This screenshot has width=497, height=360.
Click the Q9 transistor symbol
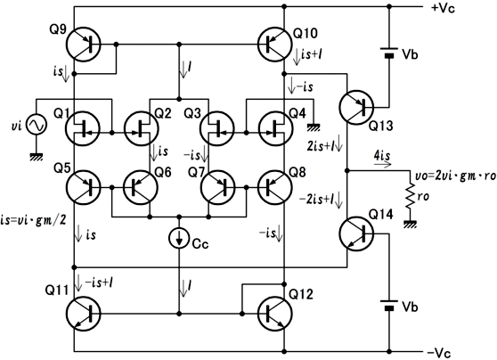coord(83,44)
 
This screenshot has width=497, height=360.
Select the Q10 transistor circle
coord(274,44)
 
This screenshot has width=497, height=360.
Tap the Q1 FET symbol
coord(83,128)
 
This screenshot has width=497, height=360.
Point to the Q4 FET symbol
coord(274,128)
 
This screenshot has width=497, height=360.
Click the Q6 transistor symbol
coord(141,187)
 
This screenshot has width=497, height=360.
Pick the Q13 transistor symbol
coord(356,107)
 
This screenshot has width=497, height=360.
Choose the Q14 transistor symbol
coord(356,234)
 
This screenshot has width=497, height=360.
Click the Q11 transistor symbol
coord(83,314)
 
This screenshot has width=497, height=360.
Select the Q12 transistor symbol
coord(274,314)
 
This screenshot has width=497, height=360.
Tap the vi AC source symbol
coord(37,125)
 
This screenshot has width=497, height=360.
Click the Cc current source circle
coord(179,239)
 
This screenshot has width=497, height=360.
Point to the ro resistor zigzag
coord(411,196)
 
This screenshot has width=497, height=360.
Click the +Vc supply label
coord(443,8)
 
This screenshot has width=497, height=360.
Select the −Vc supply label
coord(439,353)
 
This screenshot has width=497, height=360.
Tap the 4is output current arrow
coord(383,165)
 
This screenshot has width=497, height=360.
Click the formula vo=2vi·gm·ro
coord(455,176)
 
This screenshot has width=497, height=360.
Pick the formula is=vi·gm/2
coord(33,220)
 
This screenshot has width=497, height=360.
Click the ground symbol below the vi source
coord(37,156)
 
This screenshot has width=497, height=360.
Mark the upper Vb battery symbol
coord(389,53)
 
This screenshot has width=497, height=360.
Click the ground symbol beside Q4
coord(314,127)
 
